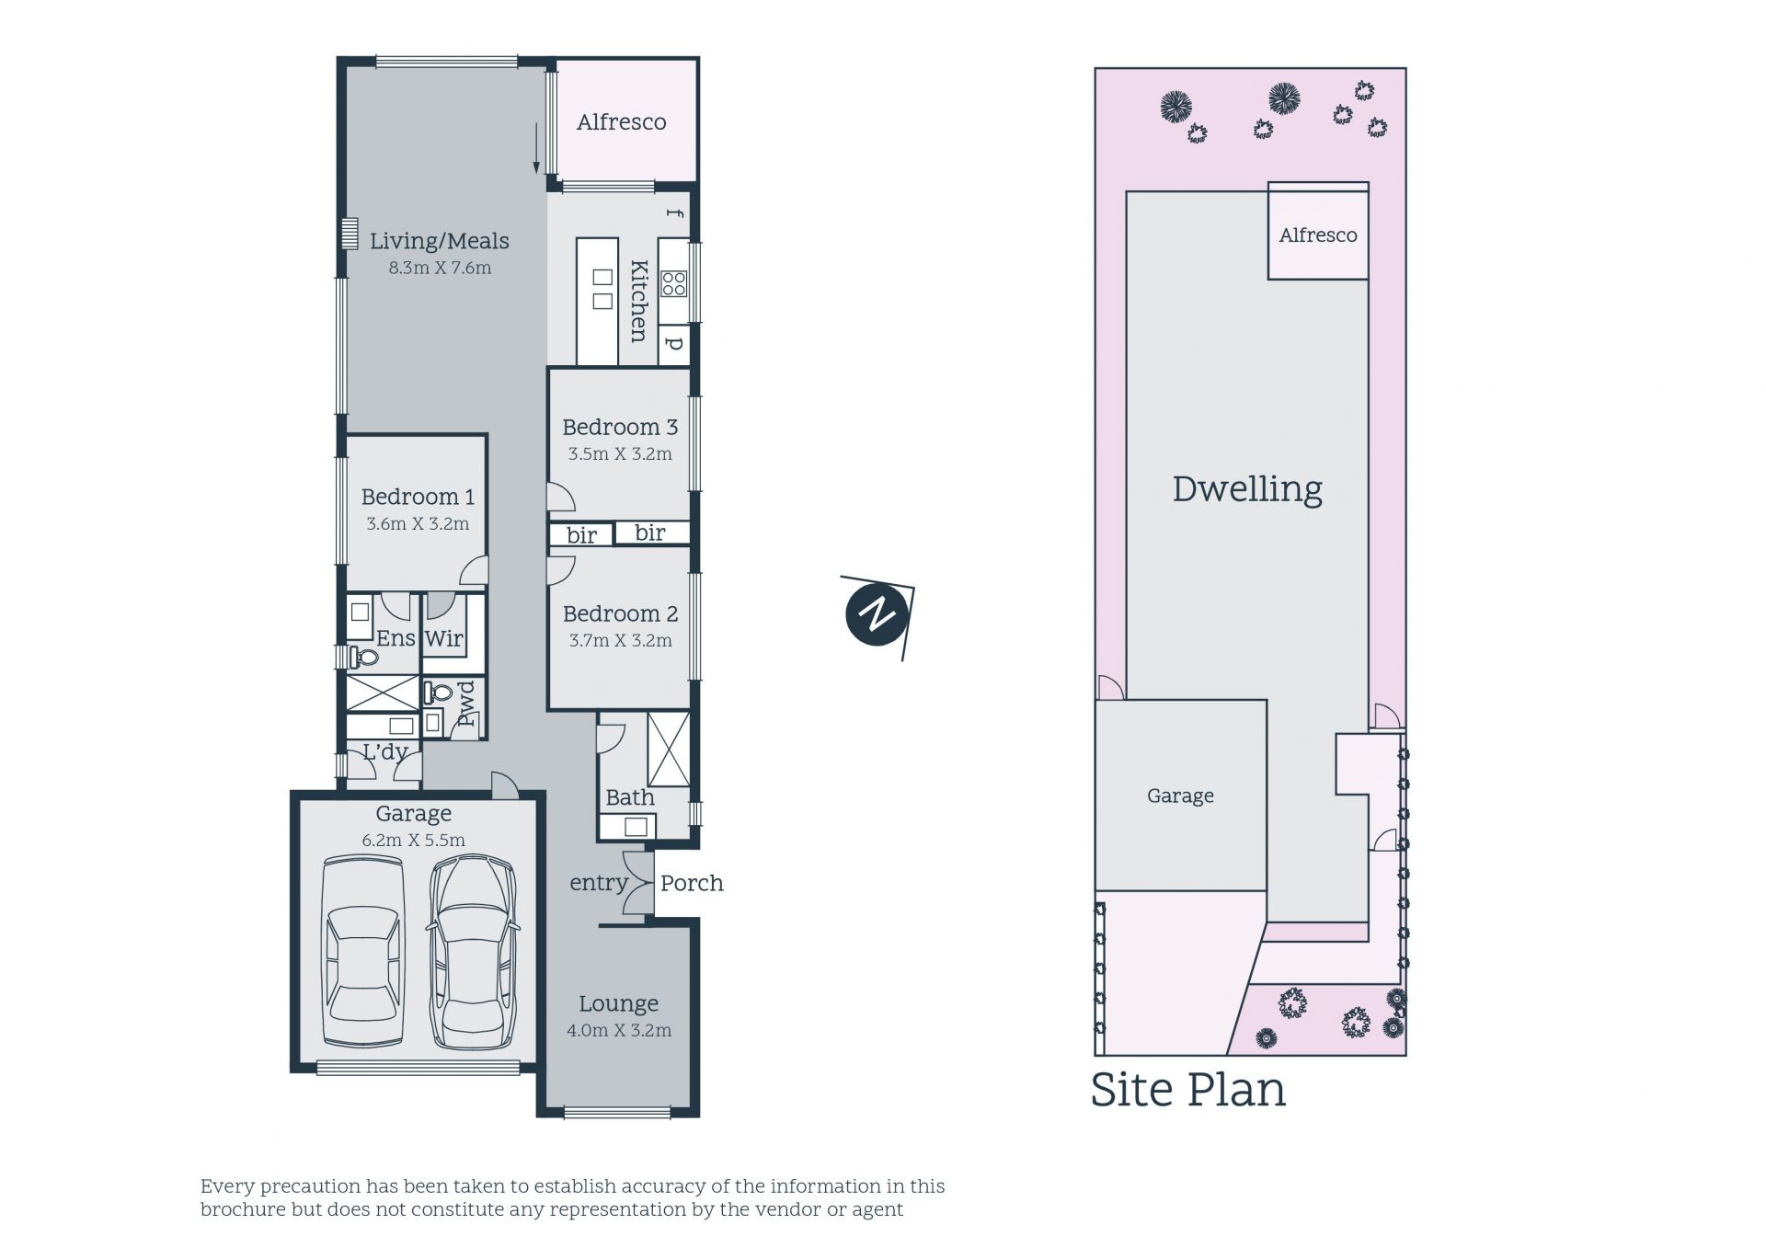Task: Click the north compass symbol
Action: click(x=877, y=615)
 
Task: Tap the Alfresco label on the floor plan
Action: click(x=622, y=122)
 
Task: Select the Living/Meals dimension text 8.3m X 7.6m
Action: click(x=440, y=269)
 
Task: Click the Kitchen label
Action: click(x=638, y=301)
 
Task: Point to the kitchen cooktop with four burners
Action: click(x=674, y=284)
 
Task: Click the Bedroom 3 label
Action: click(x=620, y=427)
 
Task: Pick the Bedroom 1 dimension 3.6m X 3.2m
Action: click(x=418, y=524)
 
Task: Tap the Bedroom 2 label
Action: click(x=620, y=613)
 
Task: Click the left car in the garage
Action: click(x=363, y=953)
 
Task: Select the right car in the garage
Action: click(x=472, y=953)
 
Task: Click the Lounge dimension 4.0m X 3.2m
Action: click(x=619, y=1031)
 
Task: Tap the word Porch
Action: click(x=692, y=883)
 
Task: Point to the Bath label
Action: click(x=630, y=797)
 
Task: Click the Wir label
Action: click(x=444, y=638)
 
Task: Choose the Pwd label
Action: click(x=466, y=704)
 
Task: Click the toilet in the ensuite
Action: click(x=364, y=658)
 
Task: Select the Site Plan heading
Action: click(x=1187, y=1089)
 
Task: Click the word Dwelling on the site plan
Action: click(x=1247, y=488)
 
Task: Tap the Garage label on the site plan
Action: click(x=1180, y=796)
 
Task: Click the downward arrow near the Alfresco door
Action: click(x=536, y=148)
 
